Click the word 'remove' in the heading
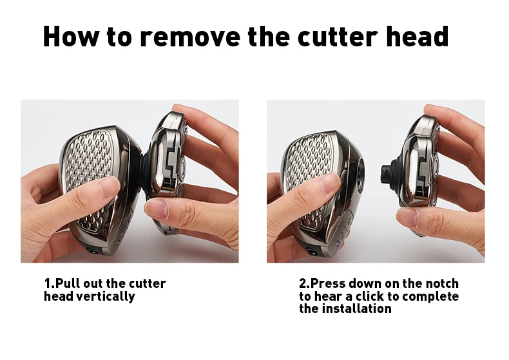pos(189,36)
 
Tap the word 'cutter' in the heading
pos(338,36)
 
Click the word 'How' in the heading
pos(71,36)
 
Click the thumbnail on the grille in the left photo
pos(108,187)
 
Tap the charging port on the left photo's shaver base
pos(91,251)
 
